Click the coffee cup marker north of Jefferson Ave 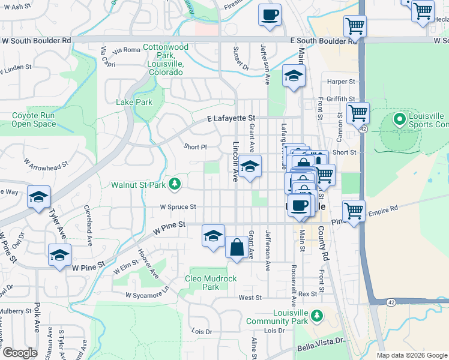(x=270, y=14)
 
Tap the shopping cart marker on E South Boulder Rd (x=355, y=26)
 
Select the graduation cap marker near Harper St (x=294, y=76)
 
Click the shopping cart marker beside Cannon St (x=358, y=112)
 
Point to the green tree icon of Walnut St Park (x=175, y=184)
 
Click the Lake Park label (x=134, y=102)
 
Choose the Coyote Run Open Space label (x=34, y=119)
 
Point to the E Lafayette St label (x=232, y=119)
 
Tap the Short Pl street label (x=195, y=146)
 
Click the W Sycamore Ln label (x=148, y=295)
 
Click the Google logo (x=20, y=353)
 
